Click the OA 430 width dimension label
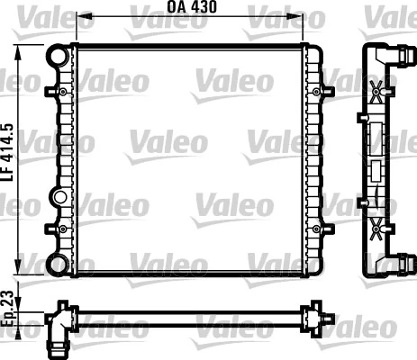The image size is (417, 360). [191, 8]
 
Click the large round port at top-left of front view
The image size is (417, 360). [58, 57]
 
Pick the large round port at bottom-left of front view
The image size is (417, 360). [58, 264]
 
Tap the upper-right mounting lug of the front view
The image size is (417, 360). [318, 91]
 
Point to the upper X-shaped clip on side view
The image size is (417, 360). [376, 90]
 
